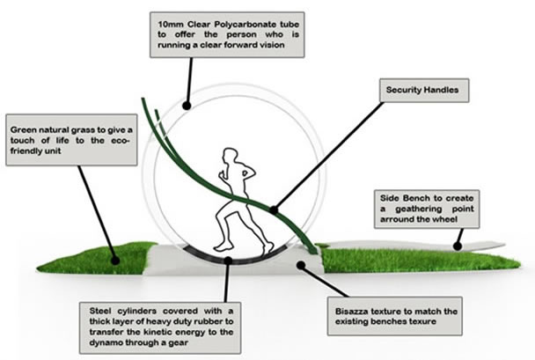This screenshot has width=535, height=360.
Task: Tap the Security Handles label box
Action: pyautogui.click(x=421, y=89)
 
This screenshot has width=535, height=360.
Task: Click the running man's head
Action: pyautogui.click(x=231, y=157)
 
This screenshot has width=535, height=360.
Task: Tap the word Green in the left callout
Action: pyautogui.click(x=26, y=127)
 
